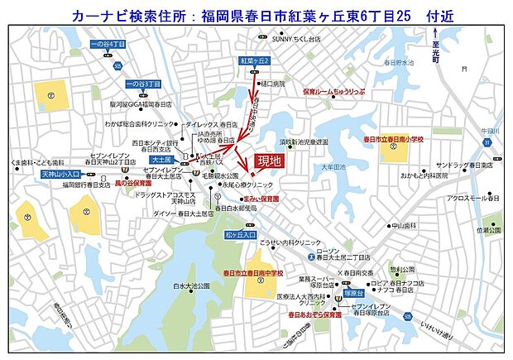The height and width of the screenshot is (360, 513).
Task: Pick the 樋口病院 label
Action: pos(272,84)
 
